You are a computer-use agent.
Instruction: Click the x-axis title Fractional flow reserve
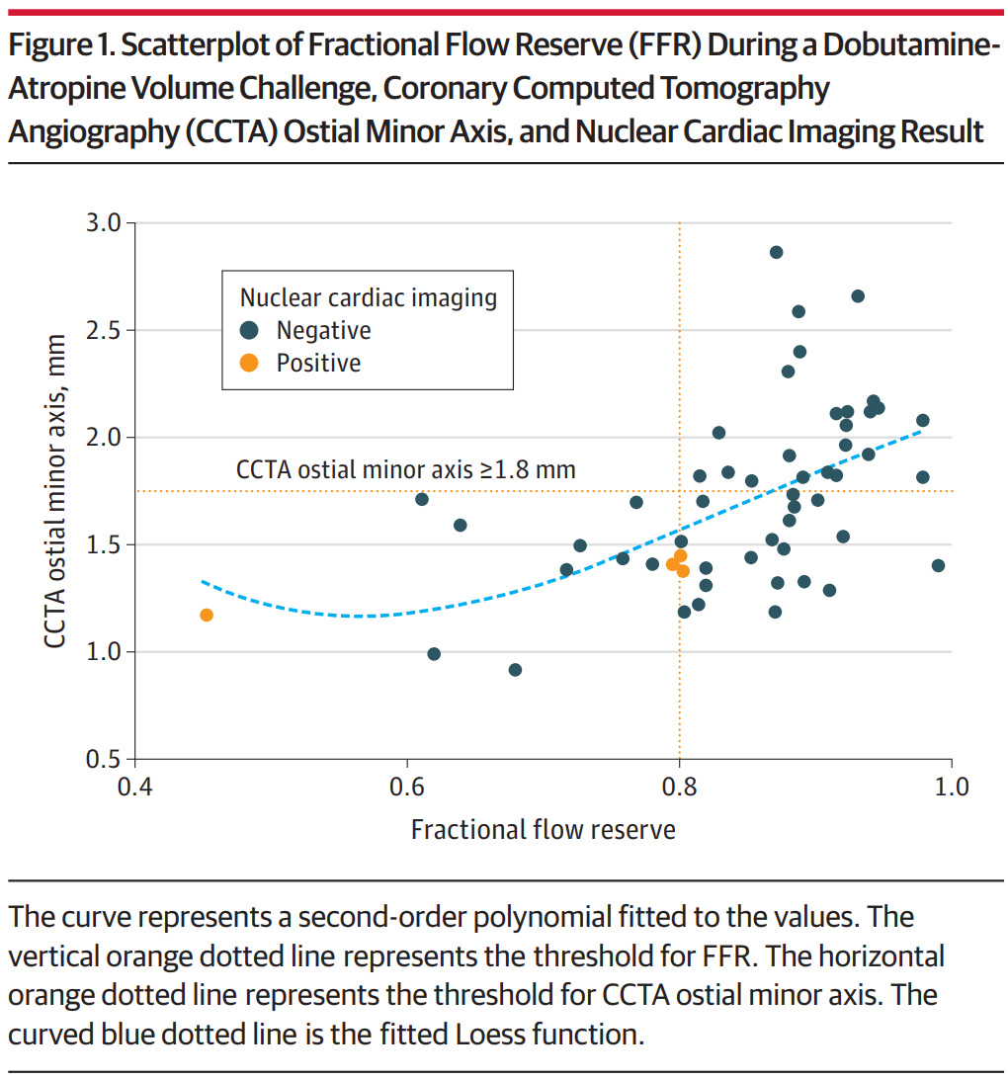pyautogui.click(x=543, y=829)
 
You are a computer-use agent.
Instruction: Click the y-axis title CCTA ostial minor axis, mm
pyautogui.click(x=56, y=491)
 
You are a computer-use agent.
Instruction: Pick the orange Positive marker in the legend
pyautogui.click(x=249, y=363)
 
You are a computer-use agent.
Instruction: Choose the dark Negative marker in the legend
pyautogui.click(x=249, y=330)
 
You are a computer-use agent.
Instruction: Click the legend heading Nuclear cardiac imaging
pyautogui.click(x=369, y=296)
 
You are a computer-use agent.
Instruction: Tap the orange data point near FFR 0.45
pyautogui.click(x=207, y=615)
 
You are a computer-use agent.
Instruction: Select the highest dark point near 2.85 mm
pyautogui.click(x=776, y=252)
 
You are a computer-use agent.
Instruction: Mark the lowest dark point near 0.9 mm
pyautogui.click(x=515, y=670)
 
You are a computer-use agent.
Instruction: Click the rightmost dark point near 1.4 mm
pyautogui.click(x=938, y=565)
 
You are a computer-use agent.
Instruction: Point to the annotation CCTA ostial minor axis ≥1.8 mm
pyautogui.click(x=405, y=469)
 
